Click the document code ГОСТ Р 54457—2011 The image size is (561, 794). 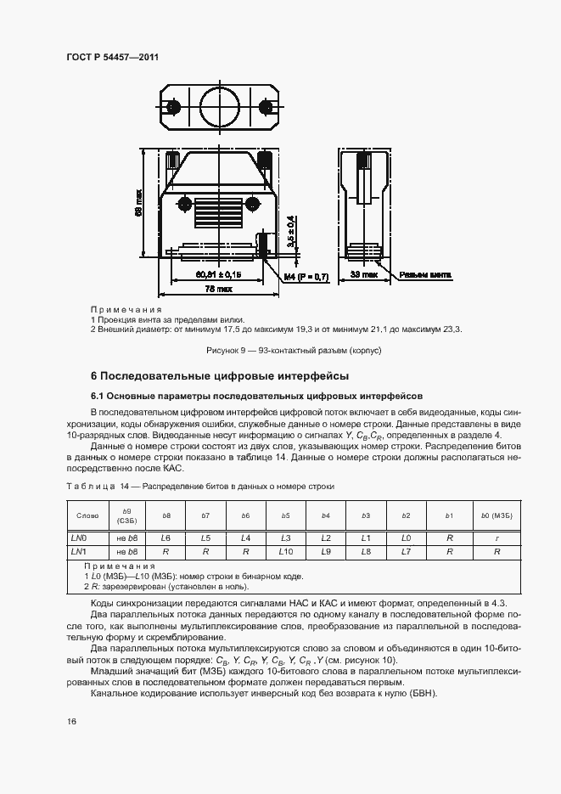(112, 57)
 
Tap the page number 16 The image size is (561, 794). (72, 721)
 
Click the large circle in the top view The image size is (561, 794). (219, 107)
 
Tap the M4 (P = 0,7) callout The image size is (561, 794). (306, 276)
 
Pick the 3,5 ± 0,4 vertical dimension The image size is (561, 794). (291, 232)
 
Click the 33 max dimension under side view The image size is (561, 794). (364, 275)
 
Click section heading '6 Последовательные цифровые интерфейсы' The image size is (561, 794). (220, 375)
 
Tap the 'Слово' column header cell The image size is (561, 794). (87, 515)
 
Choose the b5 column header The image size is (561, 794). (286, 515)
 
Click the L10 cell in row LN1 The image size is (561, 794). (286, 551)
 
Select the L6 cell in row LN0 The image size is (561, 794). (166, 538)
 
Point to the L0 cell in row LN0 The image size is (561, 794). (406, 538)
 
